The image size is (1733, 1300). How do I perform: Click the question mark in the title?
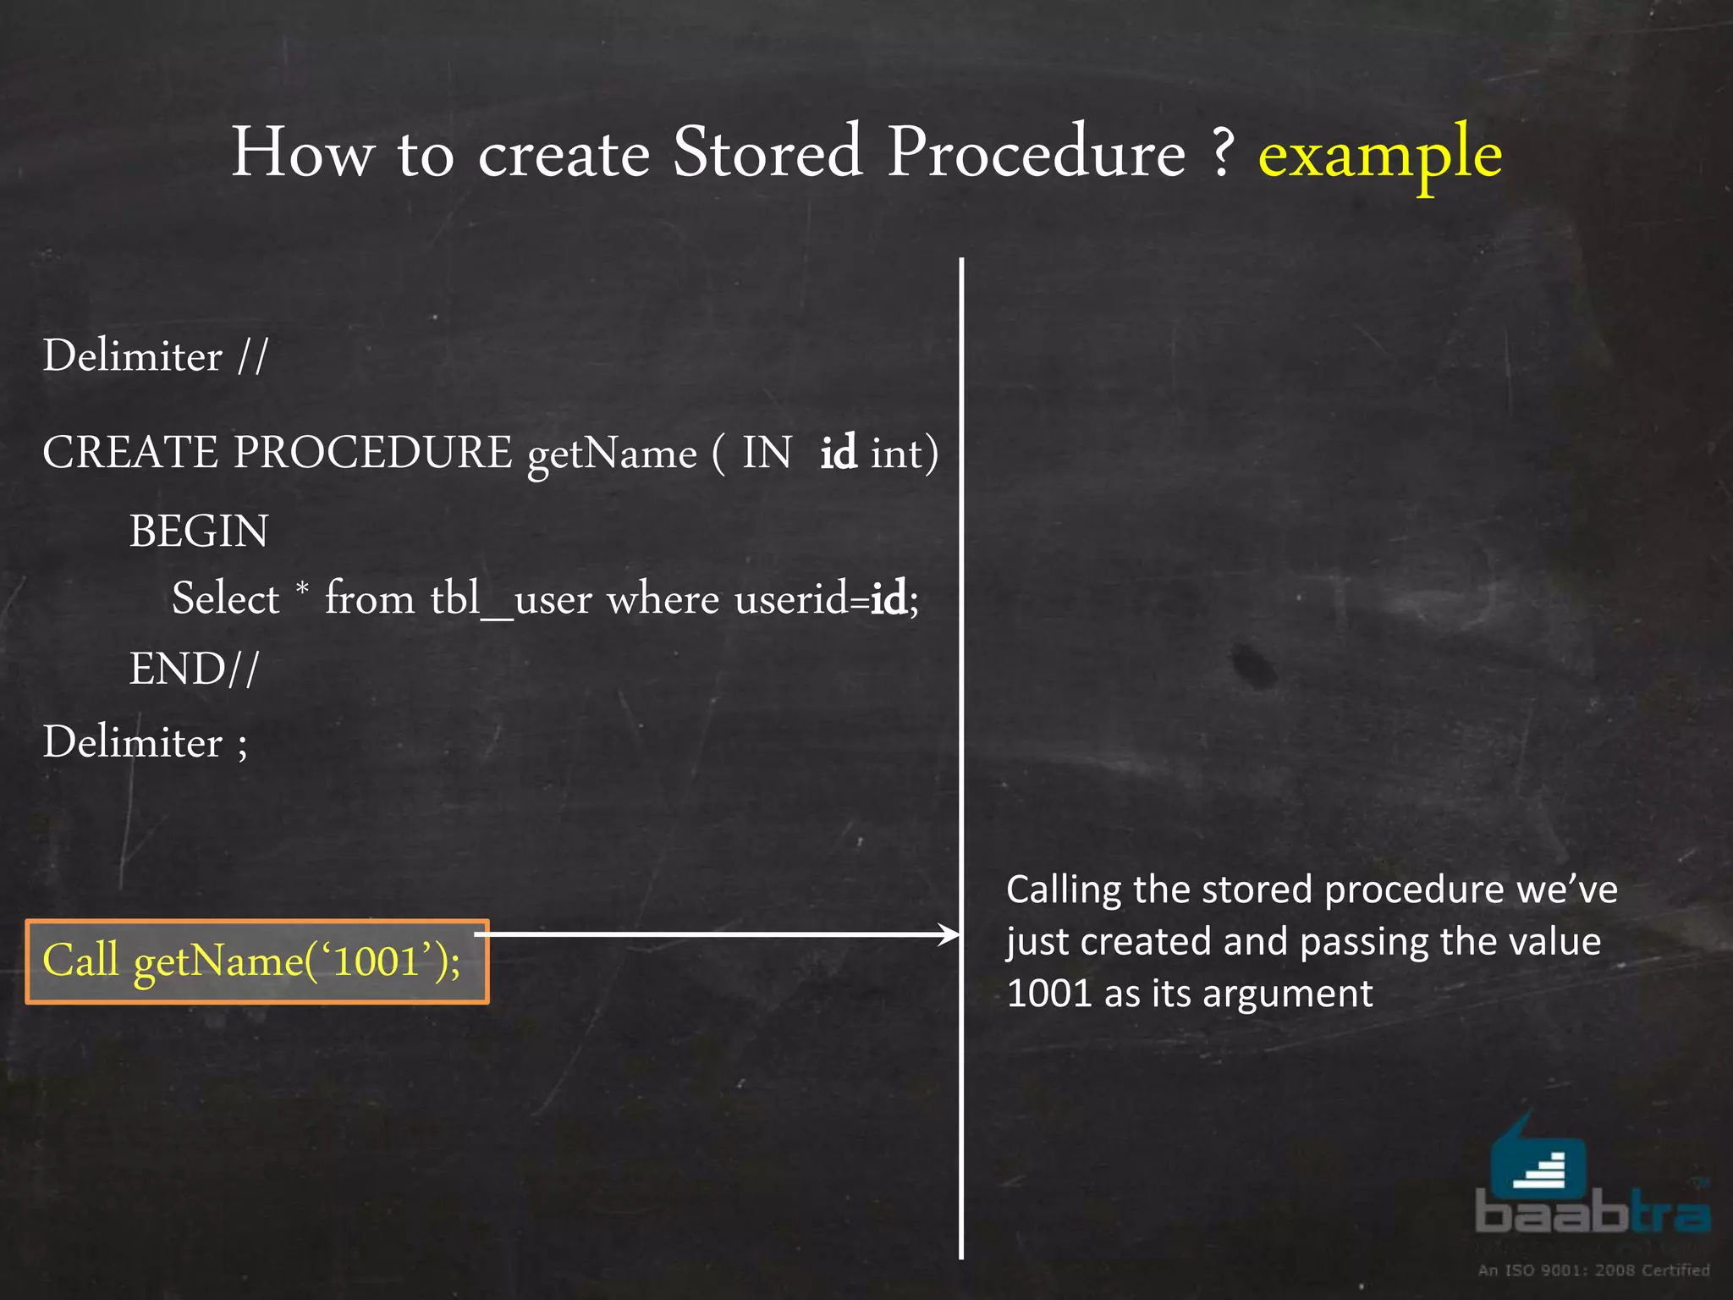click(1221, 152)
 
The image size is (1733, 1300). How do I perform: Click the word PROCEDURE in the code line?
click(372, 452)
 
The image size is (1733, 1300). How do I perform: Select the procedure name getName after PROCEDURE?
click(612, 454)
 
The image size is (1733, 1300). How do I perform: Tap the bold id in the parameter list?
click(838, 452)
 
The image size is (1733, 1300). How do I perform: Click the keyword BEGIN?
click(199, 532)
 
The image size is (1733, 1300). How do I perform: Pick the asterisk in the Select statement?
click(302, 587)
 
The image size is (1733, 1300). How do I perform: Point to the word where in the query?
click(663, 600)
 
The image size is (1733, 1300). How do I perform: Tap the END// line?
click(194, 669)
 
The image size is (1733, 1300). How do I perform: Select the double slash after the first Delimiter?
click(252, 355)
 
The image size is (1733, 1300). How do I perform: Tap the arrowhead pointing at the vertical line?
click(950, 934)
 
